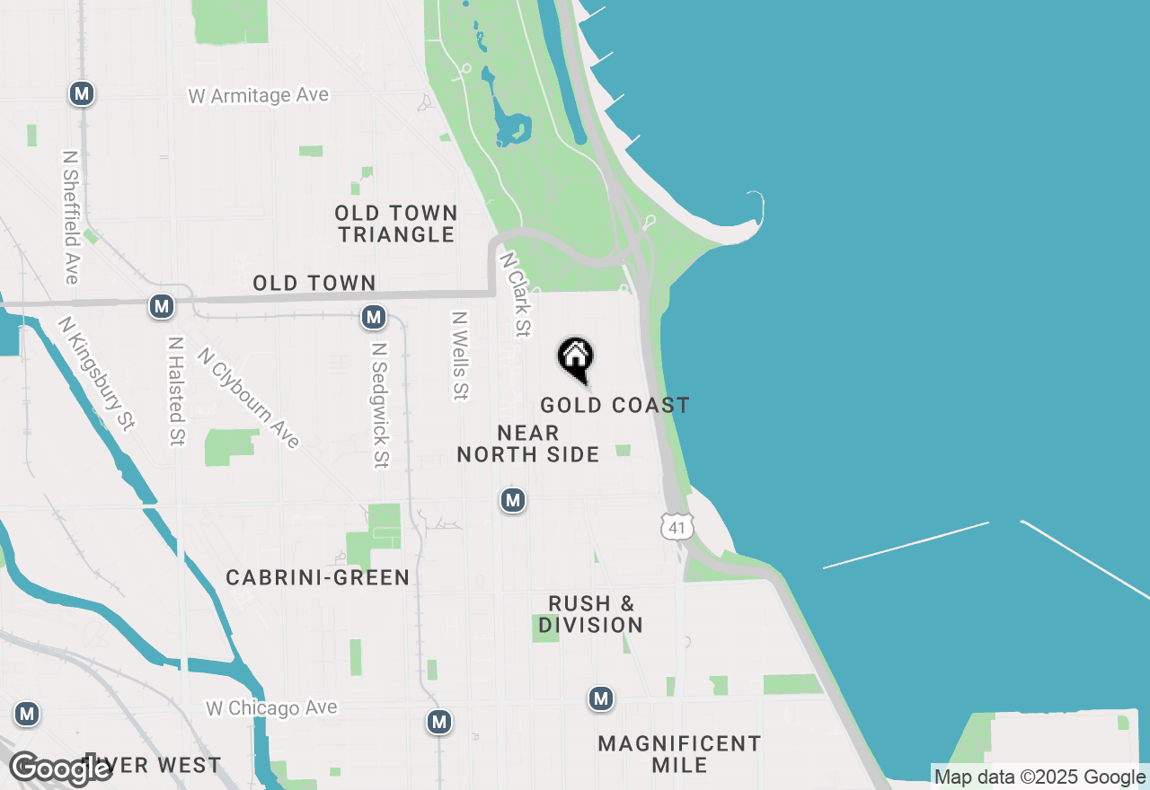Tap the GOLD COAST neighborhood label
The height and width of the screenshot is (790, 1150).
615,406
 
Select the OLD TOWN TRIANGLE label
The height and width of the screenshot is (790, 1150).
396,224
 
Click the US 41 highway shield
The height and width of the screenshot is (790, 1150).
677,527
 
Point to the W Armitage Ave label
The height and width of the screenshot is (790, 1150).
259,95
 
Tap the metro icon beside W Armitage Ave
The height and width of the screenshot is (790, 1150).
82,93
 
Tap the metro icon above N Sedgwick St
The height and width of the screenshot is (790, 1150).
374,317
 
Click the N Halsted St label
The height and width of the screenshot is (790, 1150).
176,391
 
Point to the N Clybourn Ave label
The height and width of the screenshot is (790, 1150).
249,398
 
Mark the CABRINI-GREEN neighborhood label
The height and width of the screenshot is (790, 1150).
318,578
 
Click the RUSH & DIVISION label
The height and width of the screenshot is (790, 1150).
590,614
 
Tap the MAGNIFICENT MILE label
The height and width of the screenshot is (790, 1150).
680,754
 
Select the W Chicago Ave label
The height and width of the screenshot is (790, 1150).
271,708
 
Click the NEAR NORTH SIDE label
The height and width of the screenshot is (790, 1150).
528,444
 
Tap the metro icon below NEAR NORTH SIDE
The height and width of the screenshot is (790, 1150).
513,499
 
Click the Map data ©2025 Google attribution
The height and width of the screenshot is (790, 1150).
1039,777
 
